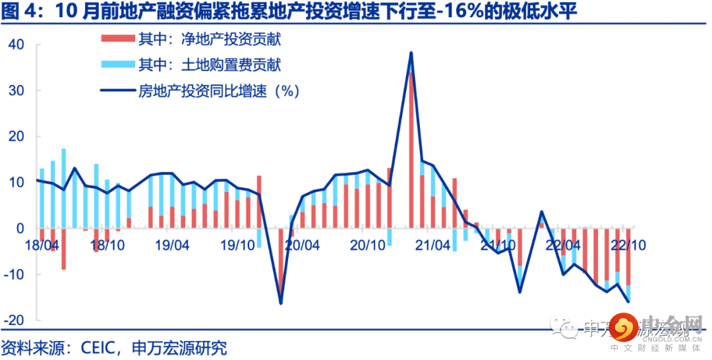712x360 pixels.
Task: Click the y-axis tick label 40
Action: tap(16, 45)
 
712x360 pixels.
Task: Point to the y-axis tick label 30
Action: tap(16, 91)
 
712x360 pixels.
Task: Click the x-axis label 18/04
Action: tap(41, 245)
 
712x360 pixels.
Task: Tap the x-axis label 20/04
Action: tap(303, 245)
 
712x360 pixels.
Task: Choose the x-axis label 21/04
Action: tap(433, 245)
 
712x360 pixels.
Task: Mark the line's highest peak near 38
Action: tap(411, 53)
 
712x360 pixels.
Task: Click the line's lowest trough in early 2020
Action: tap(281, 303)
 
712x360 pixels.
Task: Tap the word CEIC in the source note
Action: tap(98, 347)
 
